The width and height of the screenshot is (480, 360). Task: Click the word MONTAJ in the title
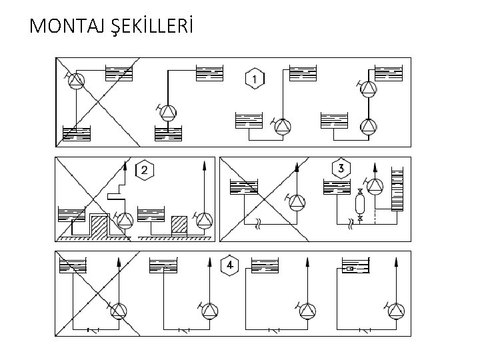point(62,26)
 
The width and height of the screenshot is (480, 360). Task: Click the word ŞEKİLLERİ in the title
point(145,26)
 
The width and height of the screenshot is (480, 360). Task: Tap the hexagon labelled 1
point(254,79)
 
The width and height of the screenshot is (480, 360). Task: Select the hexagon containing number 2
point(144,171)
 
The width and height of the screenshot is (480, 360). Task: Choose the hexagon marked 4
point(229,266)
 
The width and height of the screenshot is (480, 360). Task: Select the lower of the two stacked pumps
point(367,127)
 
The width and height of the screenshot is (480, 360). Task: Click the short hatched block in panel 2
point(179,225)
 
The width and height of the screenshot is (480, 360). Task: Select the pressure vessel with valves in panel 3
point(360,203)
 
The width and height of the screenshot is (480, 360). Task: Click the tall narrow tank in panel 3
point(398,190)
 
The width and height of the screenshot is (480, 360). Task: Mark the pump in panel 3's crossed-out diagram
point(296,201)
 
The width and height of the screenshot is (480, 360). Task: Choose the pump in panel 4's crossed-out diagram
point(118,310)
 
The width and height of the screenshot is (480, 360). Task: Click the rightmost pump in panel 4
point(396,310)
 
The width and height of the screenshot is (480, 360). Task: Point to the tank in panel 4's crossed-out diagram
point(74,267)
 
